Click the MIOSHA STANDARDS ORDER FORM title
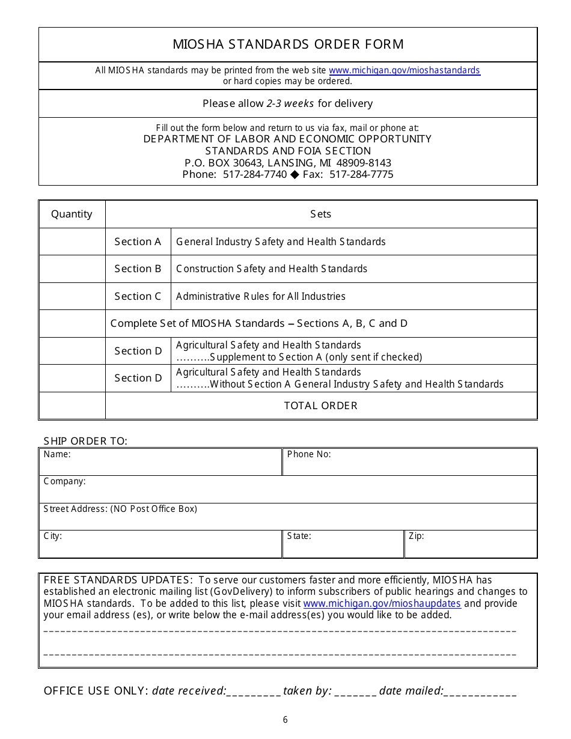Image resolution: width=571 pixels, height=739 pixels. (x=288, y=44)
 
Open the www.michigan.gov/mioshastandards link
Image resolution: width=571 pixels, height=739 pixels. (x=405, y=70)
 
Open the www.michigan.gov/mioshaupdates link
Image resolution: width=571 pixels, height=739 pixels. (x=382, y=603)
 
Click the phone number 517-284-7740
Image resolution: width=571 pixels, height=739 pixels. (x=255, y=174)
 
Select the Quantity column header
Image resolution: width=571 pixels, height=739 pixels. (x=72, y=214)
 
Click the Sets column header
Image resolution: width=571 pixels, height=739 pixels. (x=320, y=214)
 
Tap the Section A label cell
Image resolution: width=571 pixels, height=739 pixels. (x=138, y=242)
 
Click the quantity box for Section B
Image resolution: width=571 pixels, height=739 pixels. (x=72, y=269)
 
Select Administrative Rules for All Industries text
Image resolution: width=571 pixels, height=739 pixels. (x=260, y=296)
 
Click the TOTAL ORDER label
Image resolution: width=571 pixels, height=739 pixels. (x=320, y=406)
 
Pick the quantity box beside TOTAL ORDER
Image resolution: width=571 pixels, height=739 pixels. (x=72, y=406)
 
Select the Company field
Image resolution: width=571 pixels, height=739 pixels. (x=288, y=492)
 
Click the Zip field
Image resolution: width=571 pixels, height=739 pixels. (x=471, y=547)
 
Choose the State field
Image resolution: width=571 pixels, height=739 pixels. (x=343, y=547)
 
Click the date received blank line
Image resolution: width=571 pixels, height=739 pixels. (x=254, y=692)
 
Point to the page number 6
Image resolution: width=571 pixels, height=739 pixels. (x=285, y=720)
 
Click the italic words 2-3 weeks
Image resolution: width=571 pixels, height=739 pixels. (x=290, y=103)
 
